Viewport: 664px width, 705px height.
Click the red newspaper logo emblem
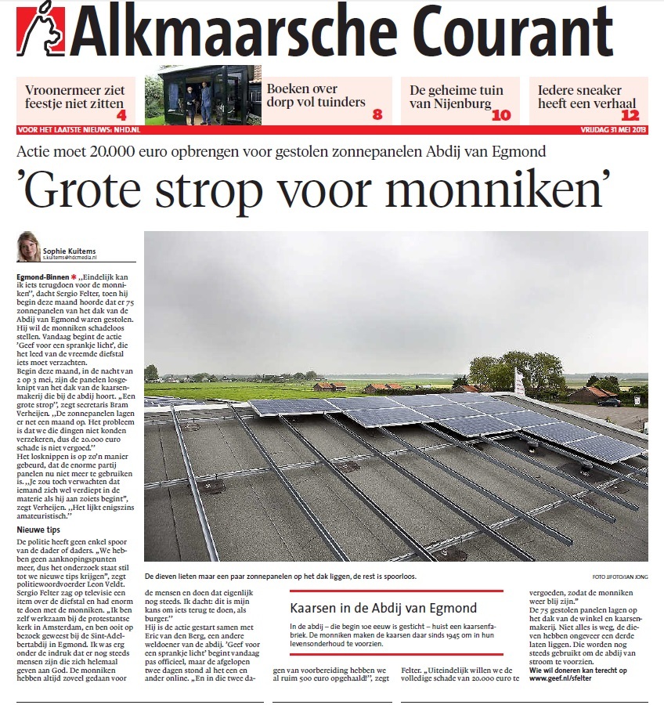click(40, 33)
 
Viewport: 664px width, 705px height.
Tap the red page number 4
click(121, 114)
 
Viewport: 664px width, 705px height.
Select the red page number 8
click(377, 114)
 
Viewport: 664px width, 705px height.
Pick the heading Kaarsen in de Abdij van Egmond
click(383, 608)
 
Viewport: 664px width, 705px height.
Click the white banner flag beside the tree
click(519, 381)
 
